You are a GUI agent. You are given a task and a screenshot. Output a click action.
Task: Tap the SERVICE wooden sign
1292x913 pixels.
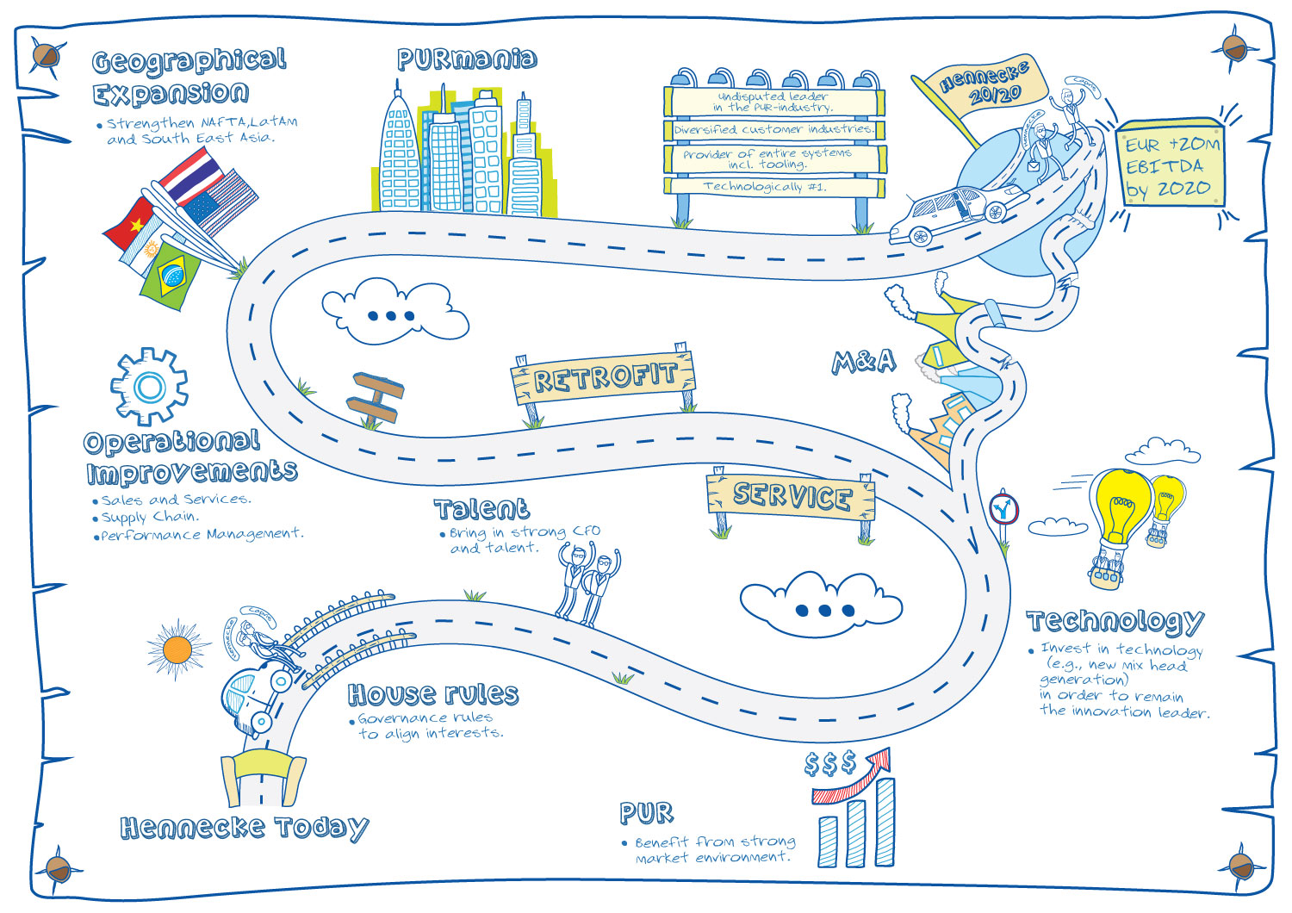(x=792, y=496)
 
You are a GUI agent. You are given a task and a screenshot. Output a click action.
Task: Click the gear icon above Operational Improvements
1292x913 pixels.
(x=149, y=387)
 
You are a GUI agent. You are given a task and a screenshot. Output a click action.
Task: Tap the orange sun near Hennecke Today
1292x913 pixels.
(x=177, y=649)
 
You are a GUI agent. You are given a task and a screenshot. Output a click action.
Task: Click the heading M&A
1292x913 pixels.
(x=863, y=362)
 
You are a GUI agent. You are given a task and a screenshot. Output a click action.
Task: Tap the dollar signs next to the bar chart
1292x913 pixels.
(x=829, y=763)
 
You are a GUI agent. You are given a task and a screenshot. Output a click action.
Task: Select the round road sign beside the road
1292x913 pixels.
(x=1003, y=508)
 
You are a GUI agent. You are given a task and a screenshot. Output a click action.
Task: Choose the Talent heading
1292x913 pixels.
(x=481, y=509)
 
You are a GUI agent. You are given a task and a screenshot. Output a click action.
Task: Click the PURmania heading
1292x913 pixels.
(x=467, y=59)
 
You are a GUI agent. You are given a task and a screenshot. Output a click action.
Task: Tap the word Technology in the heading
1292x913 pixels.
(x=1115, y=621)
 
